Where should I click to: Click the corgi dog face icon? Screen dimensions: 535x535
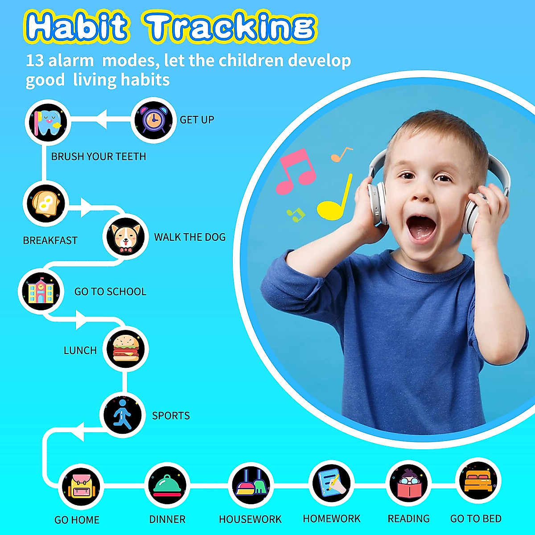[x=125, y=237]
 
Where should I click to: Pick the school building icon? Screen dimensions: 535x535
[x=40, y=291]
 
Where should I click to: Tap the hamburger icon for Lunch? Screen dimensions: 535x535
[x=126, y=349]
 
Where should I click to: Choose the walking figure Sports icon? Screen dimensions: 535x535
[x=122, y=415]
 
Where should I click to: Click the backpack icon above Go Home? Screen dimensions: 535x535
[x=81, y=486]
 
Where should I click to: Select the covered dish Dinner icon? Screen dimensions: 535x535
[x=167, y=485]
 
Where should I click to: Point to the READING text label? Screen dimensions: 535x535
[x=408, y=519]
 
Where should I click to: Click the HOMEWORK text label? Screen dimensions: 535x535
[x=331, y=519]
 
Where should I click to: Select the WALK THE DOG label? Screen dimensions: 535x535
[x=190, y=237]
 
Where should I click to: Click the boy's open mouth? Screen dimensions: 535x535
[x=421, y=228]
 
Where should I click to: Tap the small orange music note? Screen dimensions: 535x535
[x=341, y=155]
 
